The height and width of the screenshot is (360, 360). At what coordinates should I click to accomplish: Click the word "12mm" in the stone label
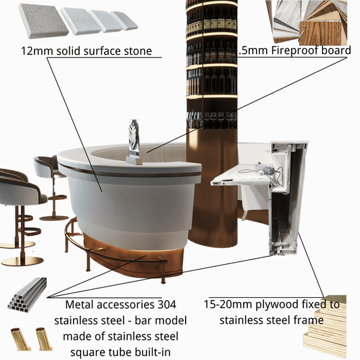[x=37, y=51]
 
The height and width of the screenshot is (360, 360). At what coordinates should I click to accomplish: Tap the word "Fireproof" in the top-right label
[x=294, y=50]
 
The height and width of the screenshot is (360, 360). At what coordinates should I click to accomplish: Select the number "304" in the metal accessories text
[x=167, y=305]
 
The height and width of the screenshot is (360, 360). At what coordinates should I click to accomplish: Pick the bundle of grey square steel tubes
[x=27, y=294]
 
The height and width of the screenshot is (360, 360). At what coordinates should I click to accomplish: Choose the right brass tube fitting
[x=44, y=338]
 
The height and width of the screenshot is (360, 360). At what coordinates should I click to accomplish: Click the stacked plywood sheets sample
[x=325, y=327]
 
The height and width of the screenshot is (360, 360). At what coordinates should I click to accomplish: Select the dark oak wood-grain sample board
[x=323, y=32]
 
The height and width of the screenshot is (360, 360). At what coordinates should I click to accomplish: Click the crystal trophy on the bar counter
[x=134, y=141]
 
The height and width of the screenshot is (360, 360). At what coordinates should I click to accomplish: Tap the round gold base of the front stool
[x=22, y=261]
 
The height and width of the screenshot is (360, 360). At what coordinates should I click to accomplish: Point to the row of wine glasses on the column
[x=211, y=120]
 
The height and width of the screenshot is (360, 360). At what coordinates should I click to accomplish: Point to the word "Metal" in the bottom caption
[x=78, y=305]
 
